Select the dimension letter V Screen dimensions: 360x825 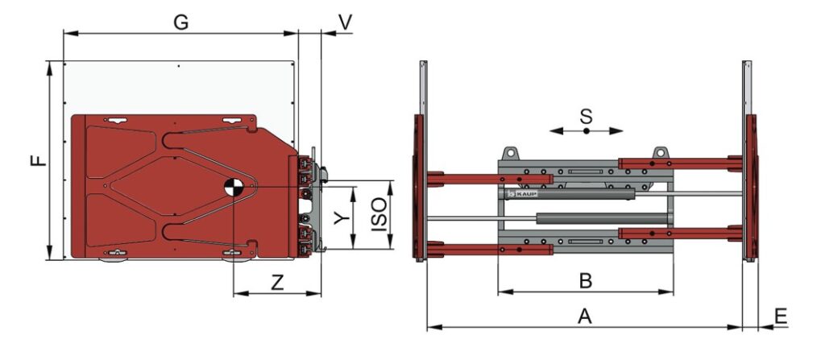click(x=345, y=22)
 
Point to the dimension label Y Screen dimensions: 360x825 click(x=342, y=217)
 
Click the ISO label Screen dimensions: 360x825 click(x=379, y=216)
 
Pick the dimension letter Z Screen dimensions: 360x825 click(x=277, y=283)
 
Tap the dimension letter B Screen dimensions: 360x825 click(x=586, y=281)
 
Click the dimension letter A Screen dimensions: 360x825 click(x=585, y=317)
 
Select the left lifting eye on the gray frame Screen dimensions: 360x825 click(x=509, y=152)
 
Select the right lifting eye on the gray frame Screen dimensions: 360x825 click(x=661, y=152)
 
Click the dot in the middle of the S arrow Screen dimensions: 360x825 click(x=587, y=130)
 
